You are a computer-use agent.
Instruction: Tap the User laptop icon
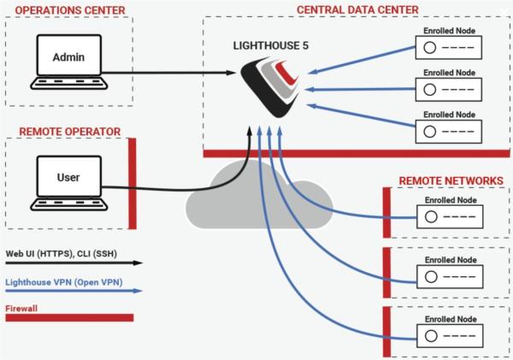point(68,182)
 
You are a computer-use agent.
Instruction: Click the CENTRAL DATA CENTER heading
point(357,9)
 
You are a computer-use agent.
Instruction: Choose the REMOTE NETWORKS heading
point(451,181)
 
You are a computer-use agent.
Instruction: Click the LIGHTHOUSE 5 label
point(271,44)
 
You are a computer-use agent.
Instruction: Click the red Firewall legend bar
point(68,318)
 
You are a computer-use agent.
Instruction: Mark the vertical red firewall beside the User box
point(132,184)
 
